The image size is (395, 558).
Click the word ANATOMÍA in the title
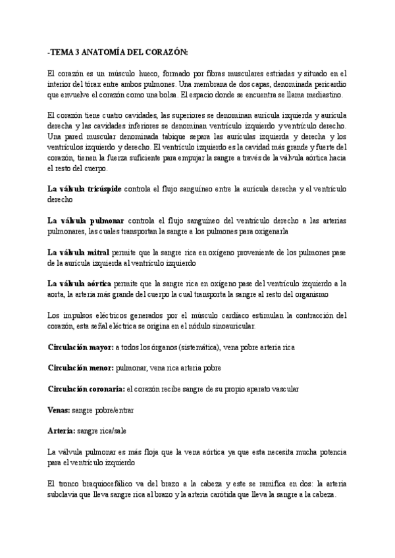pos(105,52)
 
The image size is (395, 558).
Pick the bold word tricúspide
pos(101,189)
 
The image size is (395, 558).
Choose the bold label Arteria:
pos(61,431)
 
